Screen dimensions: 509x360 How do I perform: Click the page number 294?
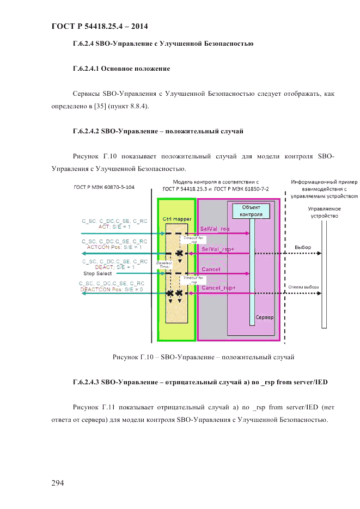(58, 482)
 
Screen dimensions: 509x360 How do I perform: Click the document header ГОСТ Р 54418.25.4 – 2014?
(99, 26)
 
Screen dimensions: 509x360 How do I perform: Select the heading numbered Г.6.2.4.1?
(121, 69)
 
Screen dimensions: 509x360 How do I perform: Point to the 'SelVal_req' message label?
(215, 229)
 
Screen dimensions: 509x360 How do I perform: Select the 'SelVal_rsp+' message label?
(218, 249)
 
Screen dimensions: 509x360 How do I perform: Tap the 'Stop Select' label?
(97, 273)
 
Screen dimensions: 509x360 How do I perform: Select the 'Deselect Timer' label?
(164, 264)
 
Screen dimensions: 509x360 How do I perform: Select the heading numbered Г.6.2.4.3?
(200, 383)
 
